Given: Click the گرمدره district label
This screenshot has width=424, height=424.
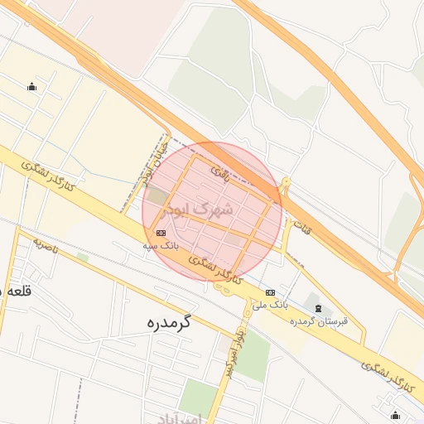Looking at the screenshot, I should [x=168, y=321].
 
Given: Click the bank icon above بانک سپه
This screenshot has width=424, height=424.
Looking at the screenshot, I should [x=161, y=233].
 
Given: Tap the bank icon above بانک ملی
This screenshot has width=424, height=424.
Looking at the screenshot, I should [x=270, y=292].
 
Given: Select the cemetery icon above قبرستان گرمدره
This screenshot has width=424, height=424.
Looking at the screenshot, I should [x=318, y=308].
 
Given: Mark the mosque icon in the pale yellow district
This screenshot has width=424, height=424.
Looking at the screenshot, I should [x=31, y=87].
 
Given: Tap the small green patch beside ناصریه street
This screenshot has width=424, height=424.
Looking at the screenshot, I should [x=83, y=258].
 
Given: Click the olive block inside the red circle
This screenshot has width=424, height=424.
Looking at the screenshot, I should [x=156, y=197].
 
